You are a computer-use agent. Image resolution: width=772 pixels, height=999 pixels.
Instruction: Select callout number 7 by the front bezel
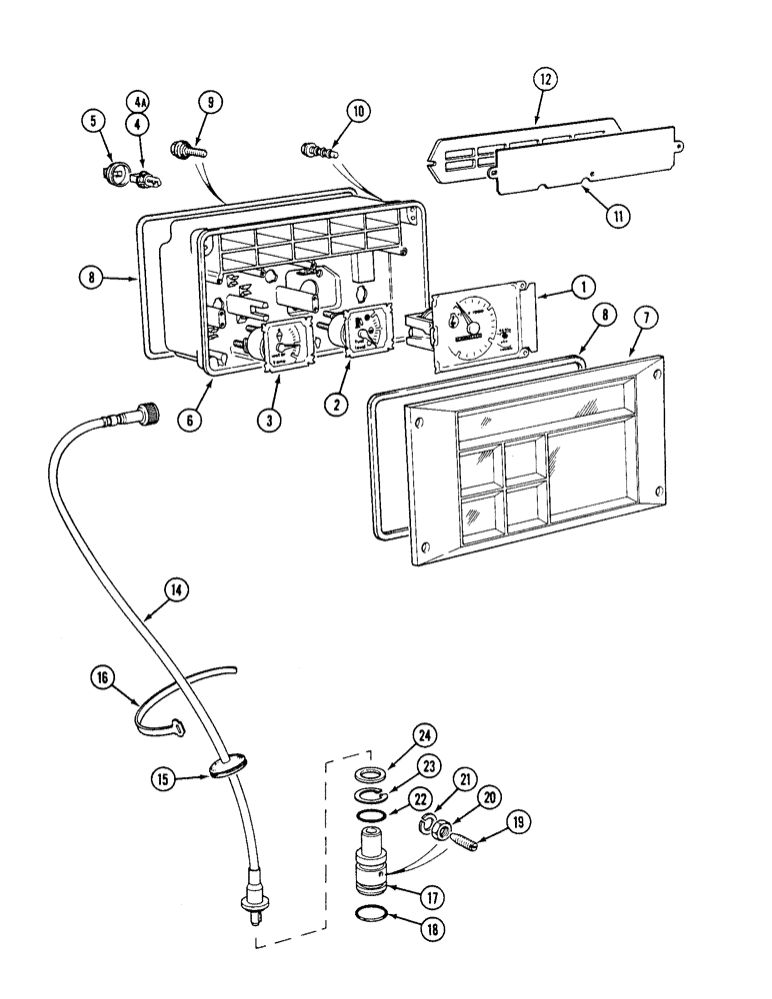point(645,318)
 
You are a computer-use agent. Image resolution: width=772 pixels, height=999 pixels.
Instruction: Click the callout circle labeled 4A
point(137,102)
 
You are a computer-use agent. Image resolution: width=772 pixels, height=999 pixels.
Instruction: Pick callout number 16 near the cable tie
point(102,678)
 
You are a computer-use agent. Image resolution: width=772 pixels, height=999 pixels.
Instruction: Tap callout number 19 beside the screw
point(519,823)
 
